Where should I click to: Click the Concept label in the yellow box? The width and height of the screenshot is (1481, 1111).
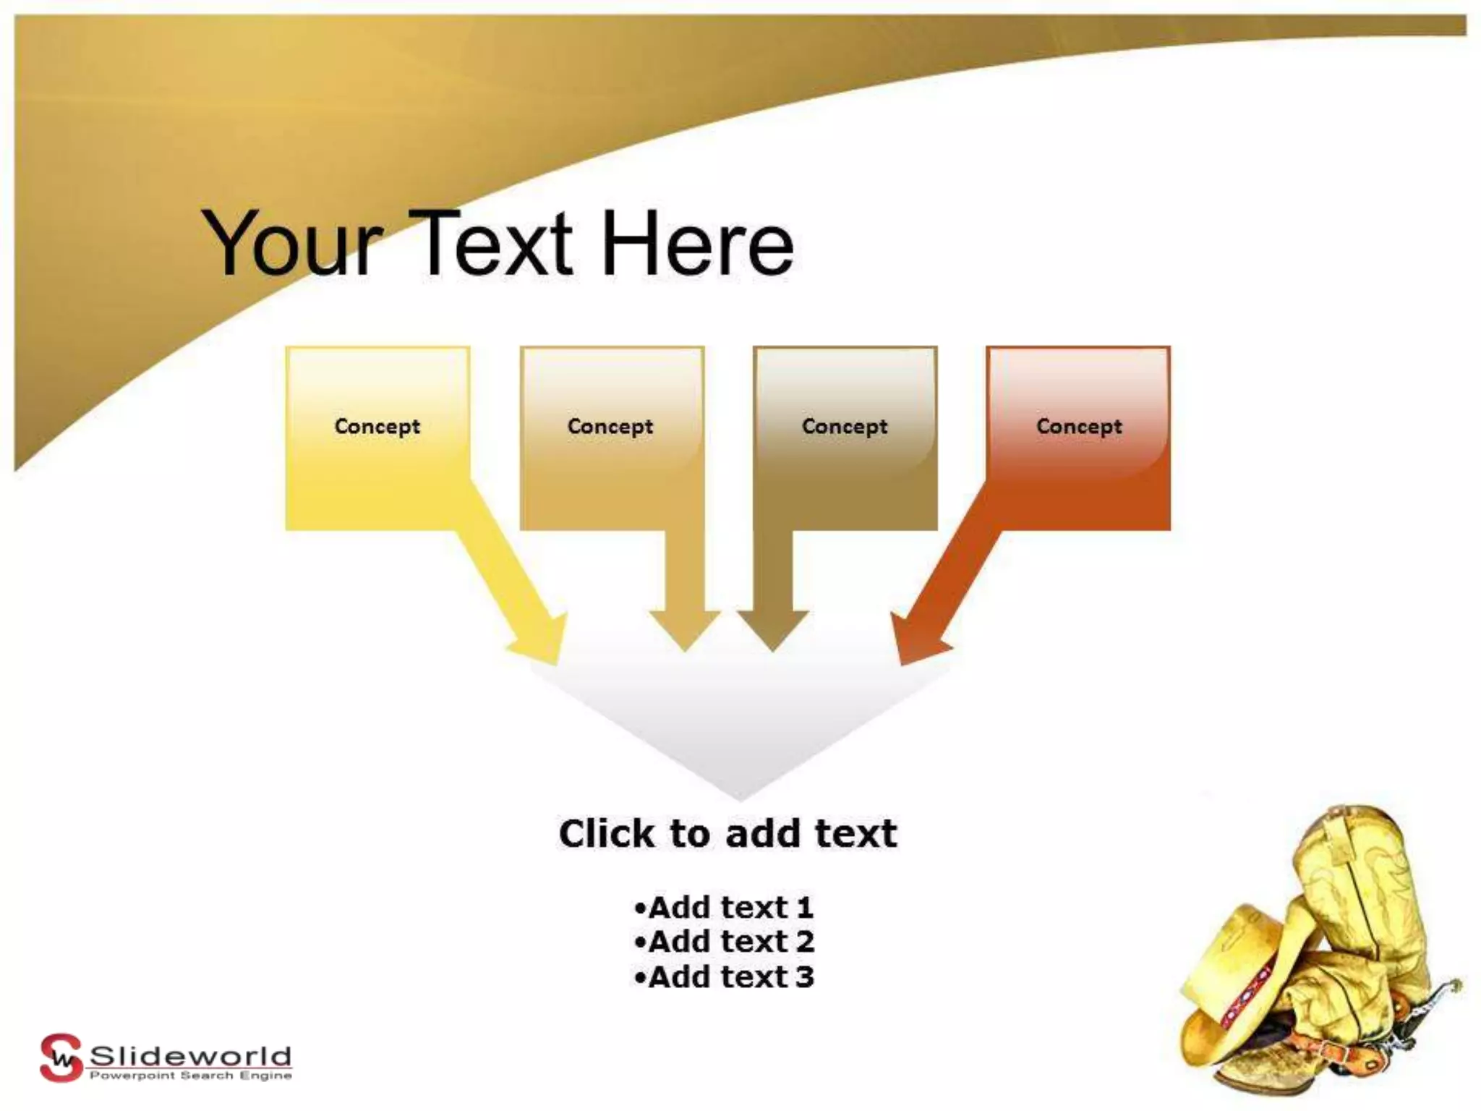click(377, 427)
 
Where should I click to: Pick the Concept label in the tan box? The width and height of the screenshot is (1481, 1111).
click(610, 427)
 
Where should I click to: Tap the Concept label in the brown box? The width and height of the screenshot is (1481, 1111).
click(845, 427)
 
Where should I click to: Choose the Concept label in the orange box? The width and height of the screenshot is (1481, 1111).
click(1079, 427)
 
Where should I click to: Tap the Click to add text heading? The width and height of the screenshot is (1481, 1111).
click(728, 833)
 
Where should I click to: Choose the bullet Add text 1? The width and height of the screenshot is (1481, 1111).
click(724, 907)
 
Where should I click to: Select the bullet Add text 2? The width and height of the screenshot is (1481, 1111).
click(724, 942)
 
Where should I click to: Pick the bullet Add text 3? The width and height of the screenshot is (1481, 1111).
click(724, 977)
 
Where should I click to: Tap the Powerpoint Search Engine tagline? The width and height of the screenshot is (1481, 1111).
click(190, 1076)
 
